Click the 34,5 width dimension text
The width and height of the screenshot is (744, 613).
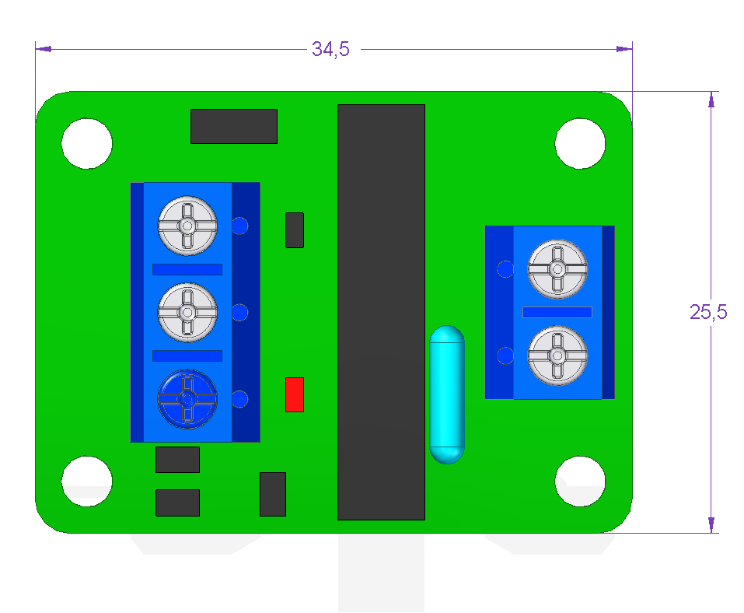[x=330, y=49]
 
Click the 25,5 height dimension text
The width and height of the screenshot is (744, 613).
[x=708, y=312]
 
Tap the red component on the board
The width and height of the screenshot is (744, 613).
[x=295, y=394]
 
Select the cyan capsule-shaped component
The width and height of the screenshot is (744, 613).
[x=447, y=394]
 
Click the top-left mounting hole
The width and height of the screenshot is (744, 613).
[x=87, y=143]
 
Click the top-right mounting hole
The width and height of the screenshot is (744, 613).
[x=580, y=143]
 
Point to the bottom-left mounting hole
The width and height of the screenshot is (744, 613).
[x=87, y=481]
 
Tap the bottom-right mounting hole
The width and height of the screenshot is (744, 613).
[x=580, y=481]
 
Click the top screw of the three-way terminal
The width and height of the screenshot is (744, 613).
[x=187, y=226]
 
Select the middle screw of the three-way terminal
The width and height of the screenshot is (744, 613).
[x=187, y=313]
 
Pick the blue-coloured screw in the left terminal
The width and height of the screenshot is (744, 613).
[x=187, y=399]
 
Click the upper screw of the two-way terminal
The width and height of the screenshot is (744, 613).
[x=557, y=269]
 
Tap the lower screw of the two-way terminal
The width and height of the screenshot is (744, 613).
[x=557, y=356]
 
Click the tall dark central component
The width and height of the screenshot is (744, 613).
[x=381, y=312]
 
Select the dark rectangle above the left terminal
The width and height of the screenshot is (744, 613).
[x=234, y=126]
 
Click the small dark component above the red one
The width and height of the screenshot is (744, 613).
[x=295, y=230]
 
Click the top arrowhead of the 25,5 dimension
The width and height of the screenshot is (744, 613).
[x=711, y=100]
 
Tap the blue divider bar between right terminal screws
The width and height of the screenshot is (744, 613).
[x=557, y=312]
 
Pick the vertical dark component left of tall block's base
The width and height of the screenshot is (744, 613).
[x=273, y=494]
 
